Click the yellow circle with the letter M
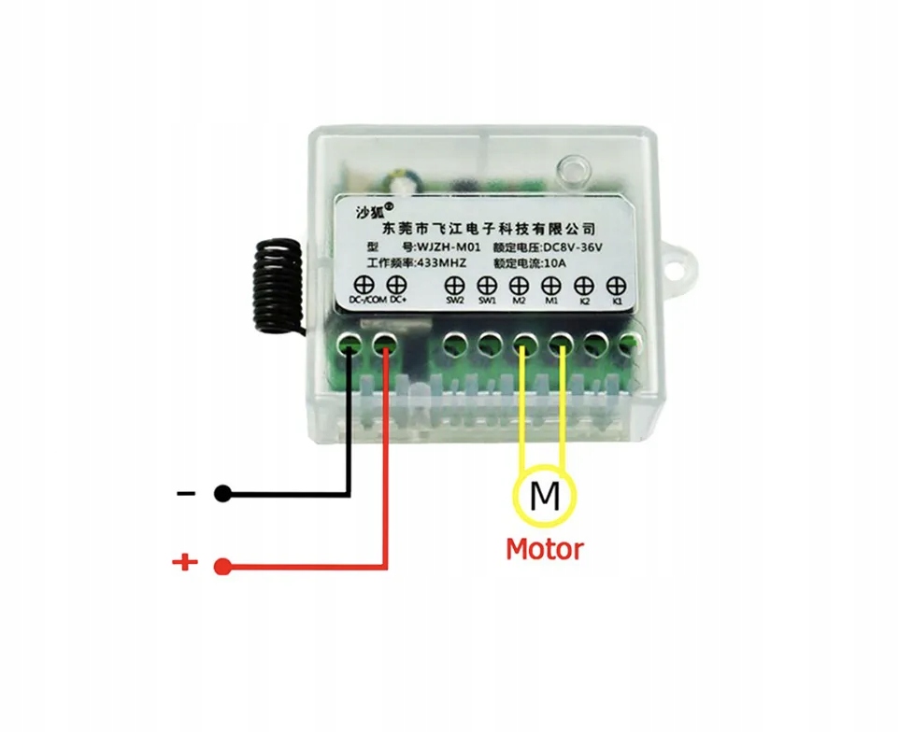click(x=545, y=496)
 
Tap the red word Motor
click(x=544, y=548)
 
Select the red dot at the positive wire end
click(x=222, y=565)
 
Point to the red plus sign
click(x=185, y=562)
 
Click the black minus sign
click(x=186, y=492)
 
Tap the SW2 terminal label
click(x=454, y=301)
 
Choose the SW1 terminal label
click(x=487, y=301)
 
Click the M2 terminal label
click(x=520, y=301)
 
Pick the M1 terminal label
click(x=551, y=301)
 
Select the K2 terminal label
click(x=583, y=301)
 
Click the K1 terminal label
click(x=615, y=301)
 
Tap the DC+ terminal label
click(x=397, y=300)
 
